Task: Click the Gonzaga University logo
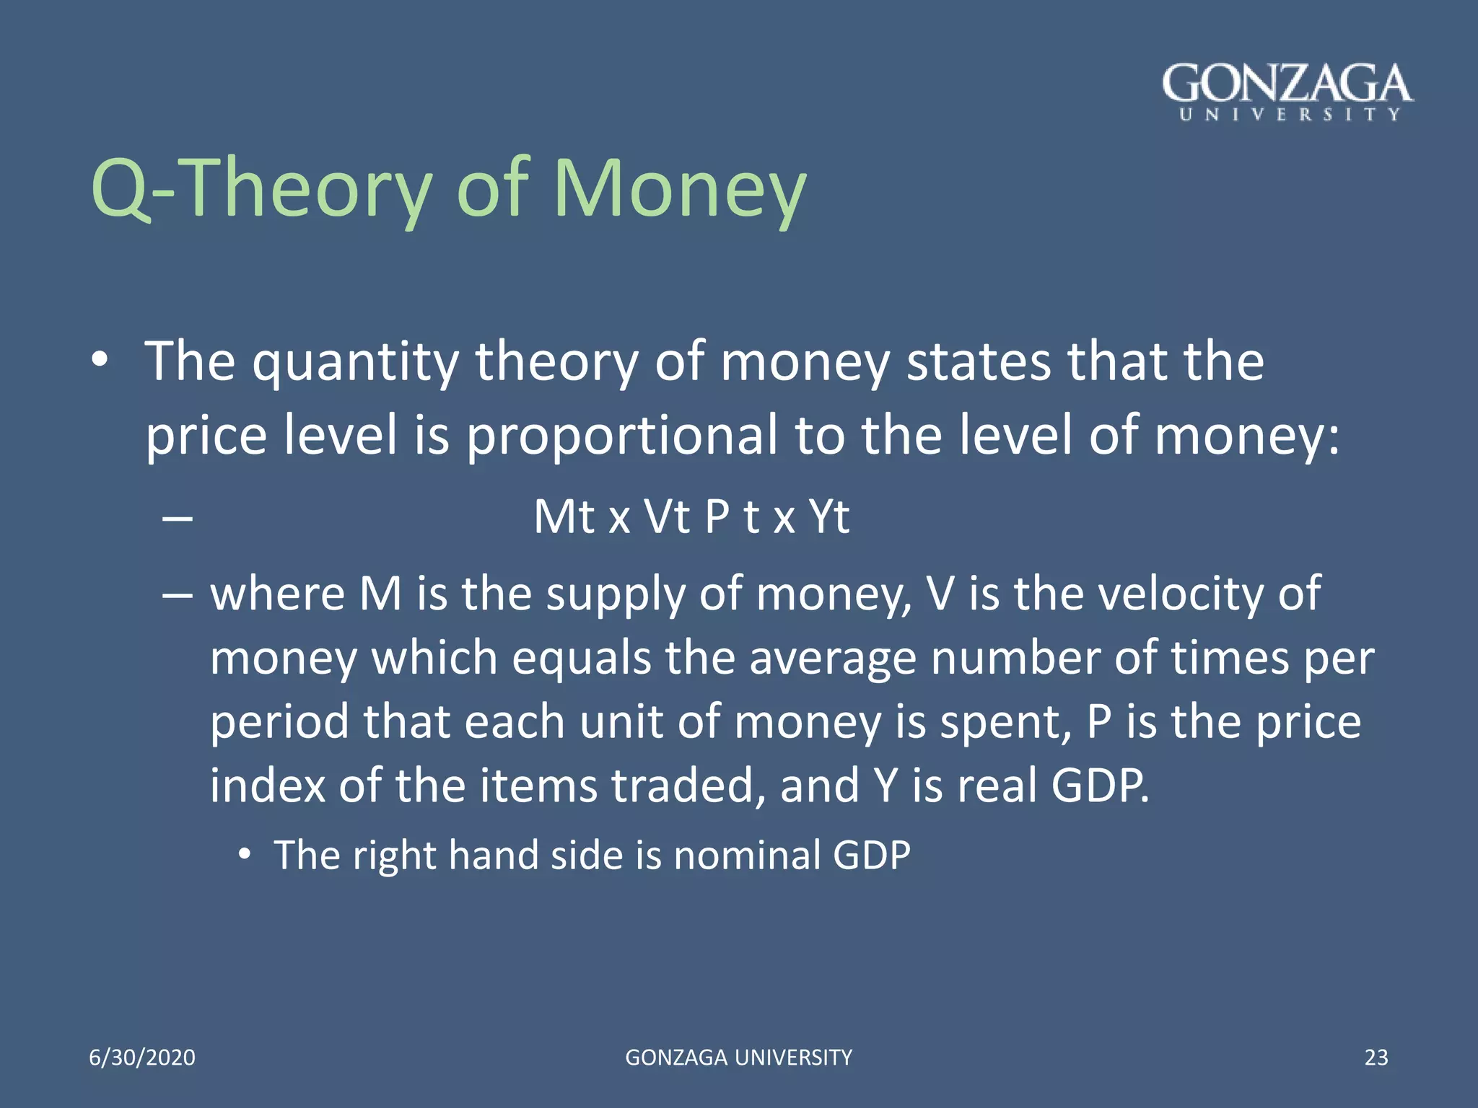tap(1287, 92)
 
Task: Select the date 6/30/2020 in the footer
tap(142, 1058)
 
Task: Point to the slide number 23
tap(1376, 1058)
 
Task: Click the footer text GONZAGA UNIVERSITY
tap(738, 1058)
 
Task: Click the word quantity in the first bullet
tap(355, 363)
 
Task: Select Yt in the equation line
tap(828, 516)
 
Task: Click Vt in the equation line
tap(667, 516)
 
